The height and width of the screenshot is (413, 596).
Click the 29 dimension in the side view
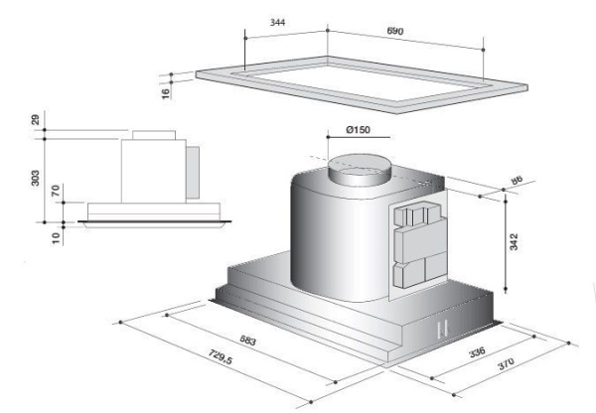click(x=36, y=120)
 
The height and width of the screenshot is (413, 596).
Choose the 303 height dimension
click(x=36, y=179)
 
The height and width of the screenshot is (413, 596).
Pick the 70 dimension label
click(x=55, y=191)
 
